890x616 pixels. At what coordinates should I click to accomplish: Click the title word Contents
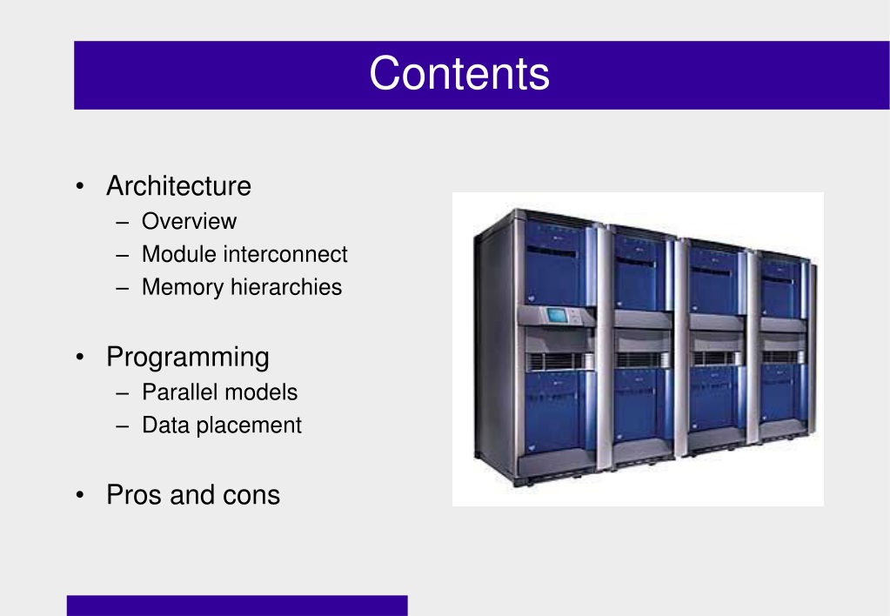click(459, 73)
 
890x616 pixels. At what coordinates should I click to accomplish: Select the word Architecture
click(179, 185)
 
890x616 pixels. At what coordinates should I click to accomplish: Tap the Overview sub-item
click(189, 221)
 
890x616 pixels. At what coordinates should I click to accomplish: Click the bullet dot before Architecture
click(80, 186)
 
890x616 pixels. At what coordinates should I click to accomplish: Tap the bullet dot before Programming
click(80, 357)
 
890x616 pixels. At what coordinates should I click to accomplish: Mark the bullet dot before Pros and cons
click(80, 495)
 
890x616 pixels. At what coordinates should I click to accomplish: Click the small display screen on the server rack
click(557, 315)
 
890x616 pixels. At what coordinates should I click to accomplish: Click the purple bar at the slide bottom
click(238, 606)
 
